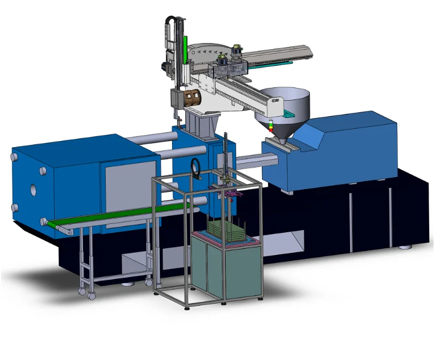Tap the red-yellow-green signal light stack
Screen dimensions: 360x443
[270, 126]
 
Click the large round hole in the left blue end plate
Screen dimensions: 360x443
[34, 190]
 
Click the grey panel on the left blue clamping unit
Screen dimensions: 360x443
[129, 185]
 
